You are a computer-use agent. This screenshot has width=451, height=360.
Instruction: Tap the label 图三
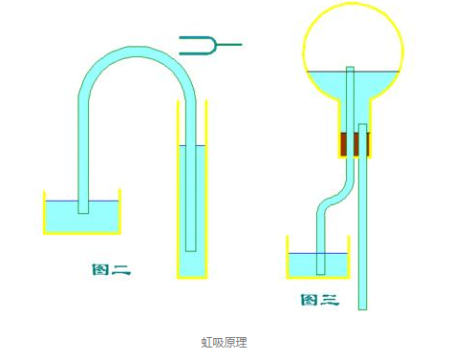point(319,299)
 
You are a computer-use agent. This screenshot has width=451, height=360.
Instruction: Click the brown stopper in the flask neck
point(354,144)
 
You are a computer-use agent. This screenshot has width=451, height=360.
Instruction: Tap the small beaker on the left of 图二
point(82,214)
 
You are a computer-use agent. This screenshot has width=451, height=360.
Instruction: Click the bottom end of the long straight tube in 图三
point(363,306)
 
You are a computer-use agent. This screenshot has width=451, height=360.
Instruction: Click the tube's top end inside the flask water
point(351,69)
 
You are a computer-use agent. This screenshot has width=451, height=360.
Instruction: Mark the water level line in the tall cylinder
point(191,146)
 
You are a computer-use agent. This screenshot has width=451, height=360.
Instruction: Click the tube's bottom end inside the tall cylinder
point(191,248)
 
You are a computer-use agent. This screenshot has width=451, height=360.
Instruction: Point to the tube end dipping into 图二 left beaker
point(83,210)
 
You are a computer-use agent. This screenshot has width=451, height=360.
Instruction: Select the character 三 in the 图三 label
point(330,299)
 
